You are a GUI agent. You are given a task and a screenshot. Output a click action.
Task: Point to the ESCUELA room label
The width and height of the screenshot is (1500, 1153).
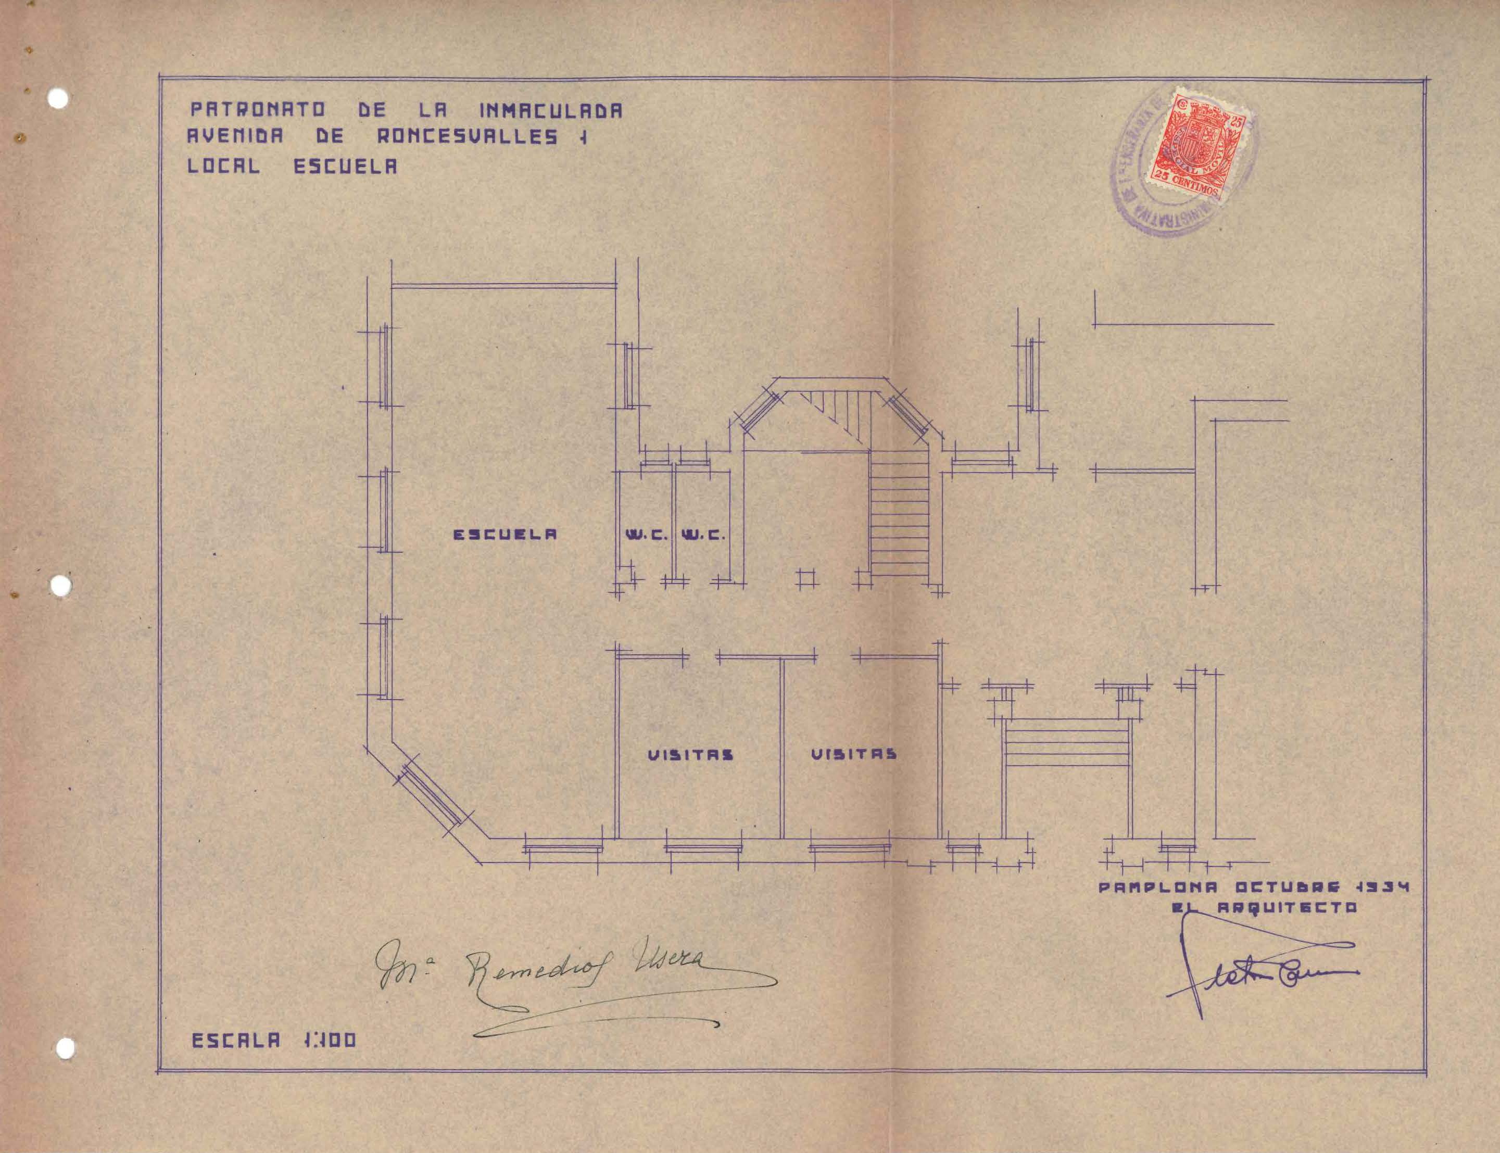tap(503, 534)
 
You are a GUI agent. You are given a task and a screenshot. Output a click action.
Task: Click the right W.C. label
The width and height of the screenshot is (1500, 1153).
tap(702, 535)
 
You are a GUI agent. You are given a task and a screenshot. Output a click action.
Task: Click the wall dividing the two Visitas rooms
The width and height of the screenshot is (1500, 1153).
tap(782, 748)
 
